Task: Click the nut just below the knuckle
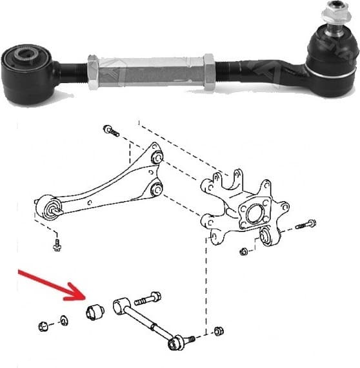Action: coord(243,251)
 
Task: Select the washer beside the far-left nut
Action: coord(65,320)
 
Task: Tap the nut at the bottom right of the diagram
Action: coord(217,331)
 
